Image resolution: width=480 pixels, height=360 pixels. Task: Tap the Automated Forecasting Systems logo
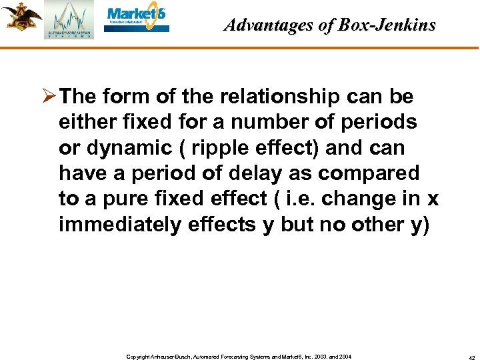pyautogui.click(x=69, y=21)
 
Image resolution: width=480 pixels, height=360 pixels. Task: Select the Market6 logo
pyautogui.click(x=137, y=19)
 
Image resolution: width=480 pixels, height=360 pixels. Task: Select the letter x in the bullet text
pyautogui.click(x=433, y=199)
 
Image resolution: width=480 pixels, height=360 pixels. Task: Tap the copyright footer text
pyautogui.click(x=238, y=357)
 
